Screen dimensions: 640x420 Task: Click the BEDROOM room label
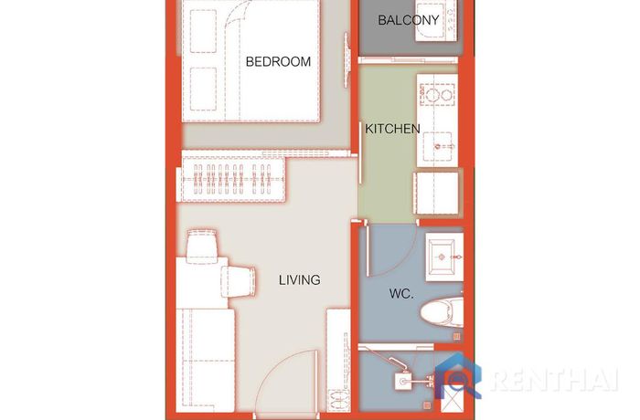[x=278, y=61]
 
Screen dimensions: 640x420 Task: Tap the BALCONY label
[x=408, y=20]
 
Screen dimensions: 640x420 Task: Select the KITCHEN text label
[x=392, y=129]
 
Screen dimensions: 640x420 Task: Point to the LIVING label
[x=299, y=280]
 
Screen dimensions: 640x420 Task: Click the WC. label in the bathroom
[x=401, y=294]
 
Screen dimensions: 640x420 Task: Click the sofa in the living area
[x=206, y=360]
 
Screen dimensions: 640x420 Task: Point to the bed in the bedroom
[x=251, y=61]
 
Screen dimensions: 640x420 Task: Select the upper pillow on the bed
[x=203, y=31]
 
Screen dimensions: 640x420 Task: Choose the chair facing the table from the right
[x=239, y=280]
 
